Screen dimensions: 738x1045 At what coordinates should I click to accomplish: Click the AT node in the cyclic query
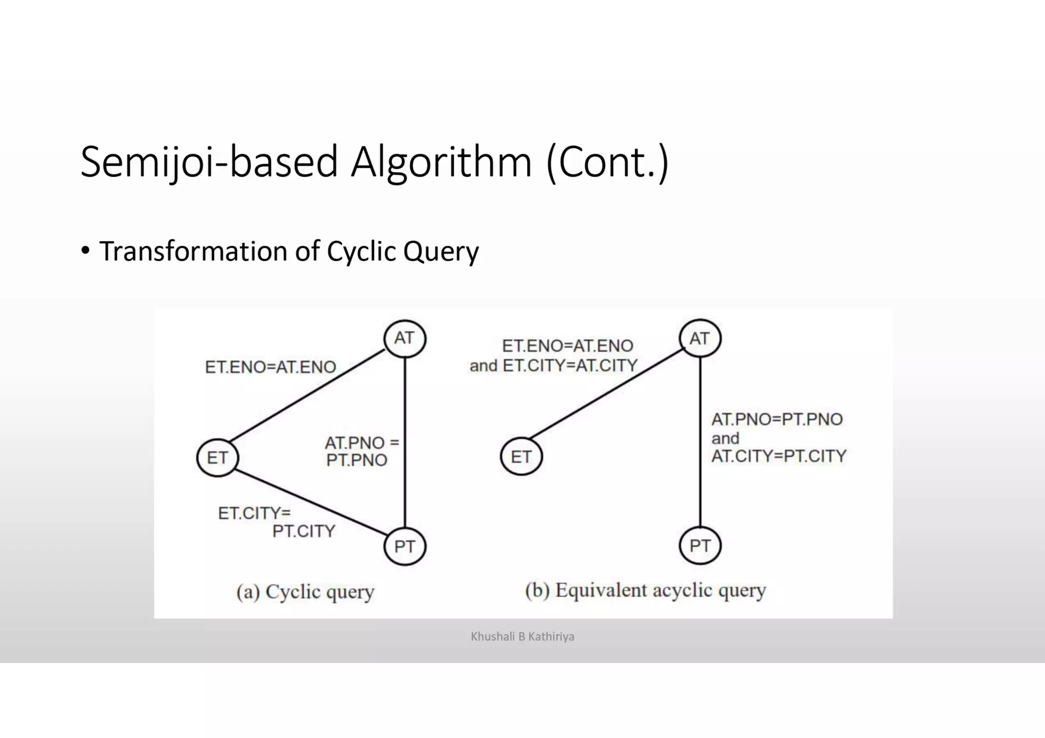pos(405,339)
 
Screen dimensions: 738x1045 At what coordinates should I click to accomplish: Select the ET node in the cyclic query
pos(217,457)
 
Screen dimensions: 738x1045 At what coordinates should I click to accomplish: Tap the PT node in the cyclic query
pos(405,547)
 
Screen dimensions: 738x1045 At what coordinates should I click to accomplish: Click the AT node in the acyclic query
pos(700,339)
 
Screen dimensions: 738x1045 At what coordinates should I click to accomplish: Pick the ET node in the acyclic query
pos(521,456)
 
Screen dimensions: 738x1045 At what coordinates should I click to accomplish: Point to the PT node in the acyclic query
pos(700,546)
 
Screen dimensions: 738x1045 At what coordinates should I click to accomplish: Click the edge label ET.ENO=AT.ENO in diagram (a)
pos(270,367)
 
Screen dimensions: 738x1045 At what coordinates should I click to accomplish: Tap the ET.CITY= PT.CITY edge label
pos(276,522)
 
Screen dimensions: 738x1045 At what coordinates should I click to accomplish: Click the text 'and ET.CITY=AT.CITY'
pos(554,365)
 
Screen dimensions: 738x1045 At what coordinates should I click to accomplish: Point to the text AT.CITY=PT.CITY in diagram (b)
pos(779,455)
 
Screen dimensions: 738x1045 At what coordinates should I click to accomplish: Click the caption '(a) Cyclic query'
pos(305,592)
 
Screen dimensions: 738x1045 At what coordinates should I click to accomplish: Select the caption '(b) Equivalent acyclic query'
pos(645,591)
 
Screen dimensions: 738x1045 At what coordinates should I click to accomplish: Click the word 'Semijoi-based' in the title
pos(209,162)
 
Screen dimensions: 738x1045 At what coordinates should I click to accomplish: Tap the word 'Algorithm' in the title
pos(441,162)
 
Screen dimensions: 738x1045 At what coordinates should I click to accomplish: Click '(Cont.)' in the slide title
pos(607,162)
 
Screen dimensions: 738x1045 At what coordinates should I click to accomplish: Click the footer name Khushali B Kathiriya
pos(522,637)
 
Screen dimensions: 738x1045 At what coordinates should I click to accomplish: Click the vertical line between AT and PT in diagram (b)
pos(700,490)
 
